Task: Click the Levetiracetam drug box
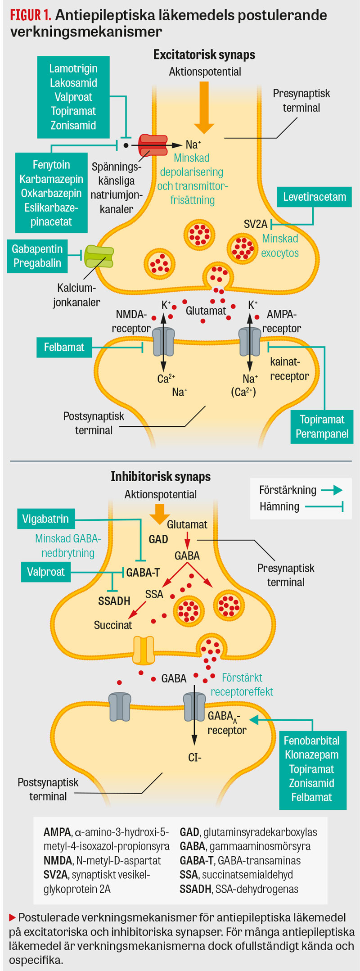314,197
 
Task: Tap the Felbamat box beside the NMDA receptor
64,348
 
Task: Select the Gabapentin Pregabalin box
37,256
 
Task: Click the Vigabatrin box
45,519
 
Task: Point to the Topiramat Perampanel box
322,427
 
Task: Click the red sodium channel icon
153,145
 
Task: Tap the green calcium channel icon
99,257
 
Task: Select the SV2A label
255,224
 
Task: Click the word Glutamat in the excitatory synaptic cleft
206,311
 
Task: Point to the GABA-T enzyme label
143,573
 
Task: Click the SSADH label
114,601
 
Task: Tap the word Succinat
113,625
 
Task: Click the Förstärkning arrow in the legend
332,490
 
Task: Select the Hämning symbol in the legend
324,507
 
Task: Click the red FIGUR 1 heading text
30,16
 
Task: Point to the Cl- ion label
194,758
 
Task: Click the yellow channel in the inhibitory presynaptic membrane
144,650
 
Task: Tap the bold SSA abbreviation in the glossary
189,875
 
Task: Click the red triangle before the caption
13,917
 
